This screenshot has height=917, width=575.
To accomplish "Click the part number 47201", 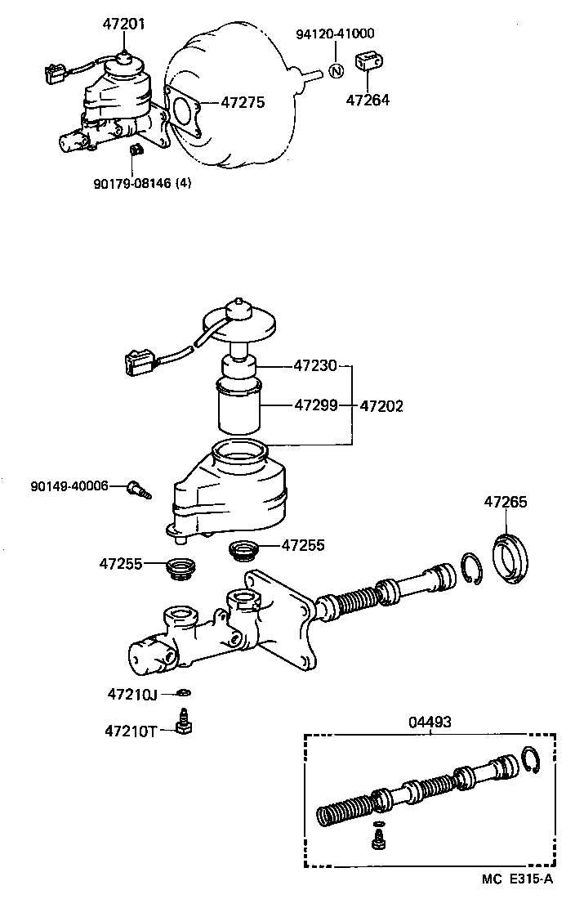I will pyautogui.click(x=124, y=25).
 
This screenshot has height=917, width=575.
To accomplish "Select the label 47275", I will pyautogui.click(x=244, y=104).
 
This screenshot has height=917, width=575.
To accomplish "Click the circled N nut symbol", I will pyautogui.click(x=335, y=70).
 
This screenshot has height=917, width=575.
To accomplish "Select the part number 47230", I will pyautogui.click(x=315, y=366).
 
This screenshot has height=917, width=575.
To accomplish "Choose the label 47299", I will pyautogui.click(x=315, y=405).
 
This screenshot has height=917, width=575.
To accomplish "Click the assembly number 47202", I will pyautogui.click(x=381, y=405).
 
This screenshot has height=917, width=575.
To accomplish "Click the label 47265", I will pyautogui.click(x=505, y=502).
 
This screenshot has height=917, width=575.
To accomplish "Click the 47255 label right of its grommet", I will pyautogui.click(x=304, y=545).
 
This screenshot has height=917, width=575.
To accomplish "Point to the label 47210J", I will pyautogui.click(x=131, y=695).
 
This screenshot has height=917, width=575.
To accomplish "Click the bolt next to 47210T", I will pyautogui.click(x=185, y=723).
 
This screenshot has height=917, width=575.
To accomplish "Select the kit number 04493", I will pyautogui.click(x=430, y=722).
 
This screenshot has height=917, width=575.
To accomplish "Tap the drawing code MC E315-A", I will pyautogui.click(x=517, y=879).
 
